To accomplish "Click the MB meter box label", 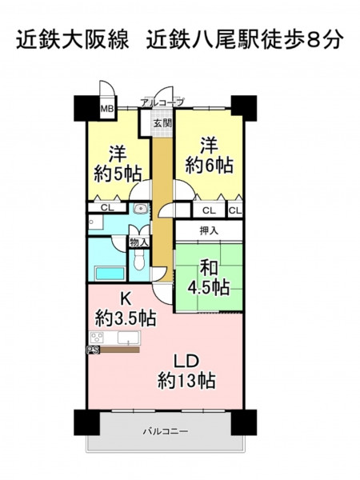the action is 107,108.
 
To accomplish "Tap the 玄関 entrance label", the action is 162,123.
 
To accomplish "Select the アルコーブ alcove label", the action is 162,102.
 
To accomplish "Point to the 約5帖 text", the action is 118,174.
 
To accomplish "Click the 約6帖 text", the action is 210,166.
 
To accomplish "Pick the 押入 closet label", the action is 209,230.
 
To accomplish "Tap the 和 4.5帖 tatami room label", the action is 209,278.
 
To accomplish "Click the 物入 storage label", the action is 139,242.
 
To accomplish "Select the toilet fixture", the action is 139,261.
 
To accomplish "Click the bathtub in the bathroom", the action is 110,273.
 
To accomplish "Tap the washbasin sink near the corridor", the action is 141,209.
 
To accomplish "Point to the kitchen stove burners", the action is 97,338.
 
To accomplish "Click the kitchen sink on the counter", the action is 129,338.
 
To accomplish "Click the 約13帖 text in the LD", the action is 186,381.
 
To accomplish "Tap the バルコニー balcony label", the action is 166,432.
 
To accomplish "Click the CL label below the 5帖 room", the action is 107,208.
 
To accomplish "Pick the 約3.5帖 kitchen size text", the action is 126,318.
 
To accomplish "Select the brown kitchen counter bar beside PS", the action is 120,350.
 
